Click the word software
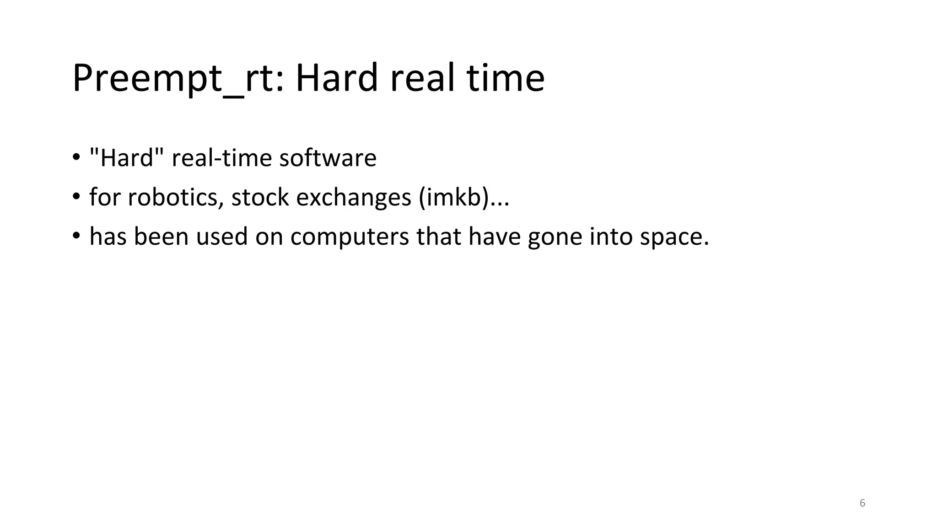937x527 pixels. pos(328,158)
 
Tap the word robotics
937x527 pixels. pos(176,197)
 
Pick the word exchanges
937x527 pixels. pos(354,197)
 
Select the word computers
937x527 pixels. pos(350,237)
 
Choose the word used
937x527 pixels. pos(221,237)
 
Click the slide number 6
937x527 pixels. pos(862,503)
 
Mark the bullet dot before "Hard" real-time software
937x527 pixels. pos(76,158)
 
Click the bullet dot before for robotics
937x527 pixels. pos(76,198)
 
